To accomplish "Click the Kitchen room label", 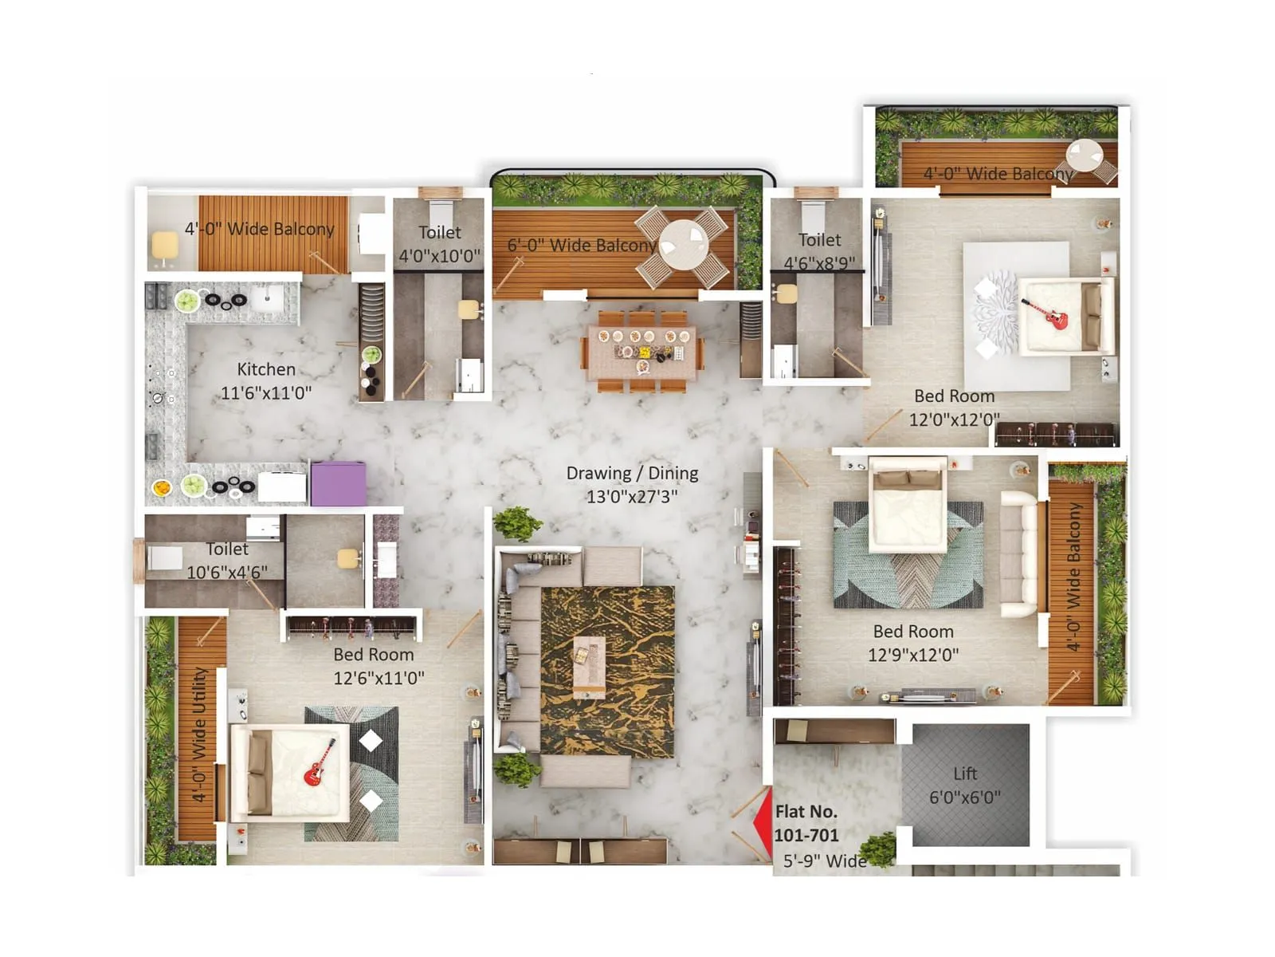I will tap(266, 369).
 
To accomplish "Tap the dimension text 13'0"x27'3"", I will tap(632, 497).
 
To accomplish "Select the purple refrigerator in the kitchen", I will tap(338, 482).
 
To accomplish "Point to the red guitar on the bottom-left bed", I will tap(320, 763).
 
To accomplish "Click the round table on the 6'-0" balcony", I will tap(684, 244).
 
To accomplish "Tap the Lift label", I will tap(965, 774).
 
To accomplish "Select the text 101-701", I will tap(806, 836).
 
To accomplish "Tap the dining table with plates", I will tap(642, 350).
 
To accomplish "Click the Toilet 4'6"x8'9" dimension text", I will tap(819, 263).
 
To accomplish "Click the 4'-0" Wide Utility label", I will tap(199, 734).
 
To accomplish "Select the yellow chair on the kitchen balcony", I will tap(165, 246).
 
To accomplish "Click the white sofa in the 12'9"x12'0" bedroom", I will tap(1018, 554).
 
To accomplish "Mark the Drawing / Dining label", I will tap(632, 473).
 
